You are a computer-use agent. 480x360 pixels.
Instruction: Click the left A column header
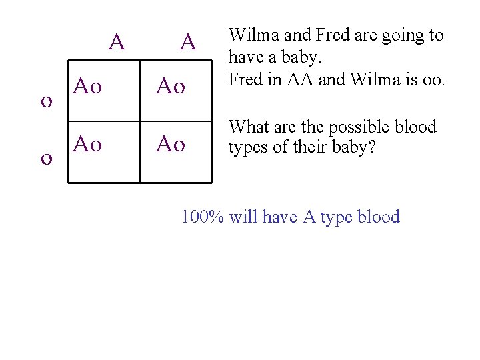[117, 43]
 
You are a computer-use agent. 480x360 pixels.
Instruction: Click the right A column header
[188, 43]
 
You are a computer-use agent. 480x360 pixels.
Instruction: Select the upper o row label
[47, 101]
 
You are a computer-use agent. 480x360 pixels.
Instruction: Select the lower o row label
[47, 158]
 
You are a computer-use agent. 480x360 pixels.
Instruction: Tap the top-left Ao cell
[87, 86]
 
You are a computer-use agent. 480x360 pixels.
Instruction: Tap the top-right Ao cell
[170, 86]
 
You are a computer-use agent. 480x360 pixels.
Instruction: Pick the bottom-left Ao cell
[87, 143]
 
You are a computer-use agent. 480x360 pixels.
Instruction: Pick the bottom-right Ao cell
[170, 143]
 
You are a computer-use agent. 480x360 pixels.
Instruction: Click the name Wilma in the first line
[251, 35]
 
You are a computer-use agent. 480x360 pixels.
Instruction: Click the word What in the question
[248, 127]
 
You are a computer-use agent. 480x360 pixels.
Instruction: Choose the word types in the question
[248, 147]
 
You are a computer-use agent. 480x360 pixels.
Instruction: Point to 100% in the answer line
[203, 217]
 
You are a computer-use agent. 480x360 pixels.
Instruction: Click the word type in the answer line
[337, 217]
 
